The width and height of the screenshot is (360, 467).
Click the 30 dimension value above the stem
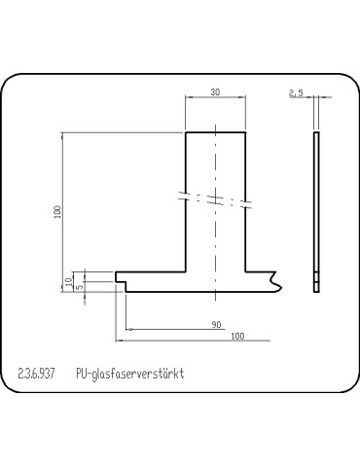(214, 91)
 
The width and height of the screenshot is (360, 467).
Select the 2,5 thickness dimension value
(297, 92)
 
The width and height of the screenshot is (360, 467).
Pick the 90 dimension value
(216, 324)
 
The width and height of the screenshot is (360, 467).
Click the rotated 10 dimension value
(68, 280)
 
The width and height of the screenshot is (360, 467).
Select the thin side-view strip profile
(316, 209)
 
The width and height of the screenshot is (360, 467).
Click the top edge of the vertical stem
(214, 131)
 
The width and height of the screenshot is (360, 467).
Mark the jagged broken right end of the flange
(278, 282)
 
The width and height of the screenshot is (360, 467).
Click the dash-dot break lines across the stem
(214, 198)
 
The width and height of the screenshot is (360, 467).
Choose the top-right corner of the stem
(244, 131)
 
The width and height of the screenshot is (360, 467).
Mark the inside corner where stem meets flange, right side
(244, 273)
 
